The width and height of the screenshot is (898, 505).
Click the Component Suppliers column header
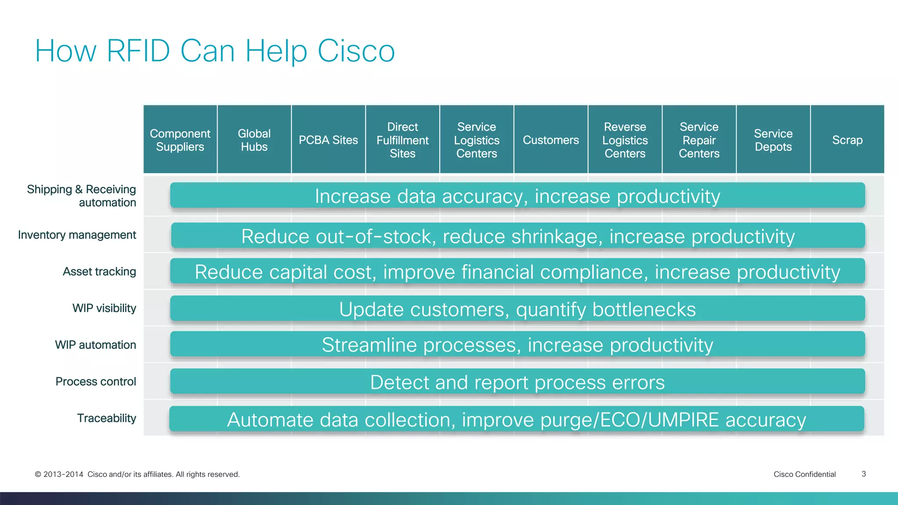pos(180,140)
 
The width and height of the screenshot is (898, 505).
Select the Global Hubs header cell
pos(254,140)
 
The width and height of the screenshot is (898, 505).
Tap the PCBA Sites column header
pos(328,140)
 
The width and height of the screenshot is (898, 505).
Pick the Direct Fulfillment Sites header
pos(402,140)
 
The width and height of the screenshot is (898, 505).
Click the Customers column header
pos(551,140)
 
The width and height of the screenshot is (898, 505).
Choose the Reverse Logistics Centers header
pos(625,140)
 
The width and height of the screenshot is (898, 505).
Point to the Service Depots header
pos(773,140)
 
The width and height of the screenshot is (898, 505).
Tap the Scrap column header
pos(847,140)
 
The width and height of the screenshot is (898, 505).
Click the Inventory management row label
pos(77,235)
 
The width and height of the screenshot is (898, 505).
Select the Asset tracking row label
pos(99,272)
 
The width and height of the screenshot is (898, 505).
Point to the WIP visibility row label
pos(104,308)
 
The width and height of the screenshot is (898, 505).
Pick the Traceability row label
pos(107,418)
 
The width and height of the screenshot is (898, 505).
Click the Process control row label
pos(96,381)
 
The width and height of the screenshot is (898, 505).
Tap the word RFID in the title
pos(138,51)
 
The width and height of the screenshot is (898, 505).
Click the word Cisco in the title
pos(356,51)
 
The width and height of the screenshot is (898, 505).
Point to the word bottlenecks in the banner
pos(644,309)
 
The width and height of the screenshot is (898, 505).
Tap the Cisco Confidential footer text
pos(805,474)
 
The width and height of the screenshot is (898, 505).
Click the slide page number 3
pos(863,474)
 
